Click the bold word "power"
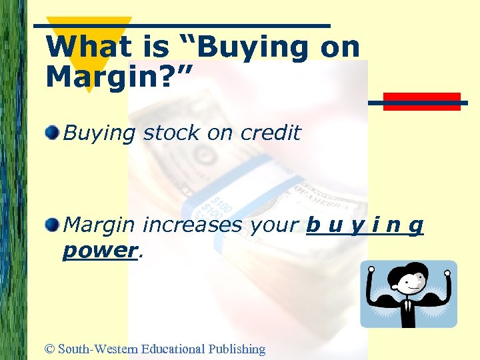99,251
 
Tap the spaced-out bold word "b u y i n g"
365,225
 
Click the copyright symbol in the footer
49,349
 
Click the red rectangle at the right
421,101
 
